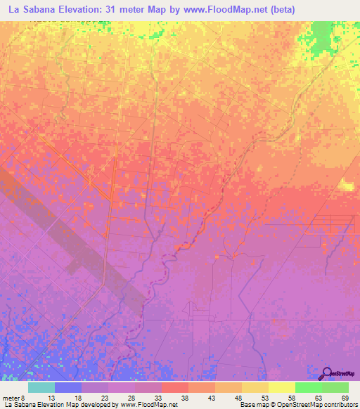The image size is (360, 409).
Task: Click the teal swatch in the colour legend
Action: tap(41, 387)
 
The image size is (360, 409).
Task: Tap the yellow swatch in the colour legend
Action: tap(282, 387)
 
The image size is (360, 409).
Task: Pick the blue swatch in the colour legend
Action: tap(68, 387)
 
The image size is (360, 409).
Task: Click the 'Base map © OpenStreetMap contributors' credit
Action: tap(298, 405)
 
